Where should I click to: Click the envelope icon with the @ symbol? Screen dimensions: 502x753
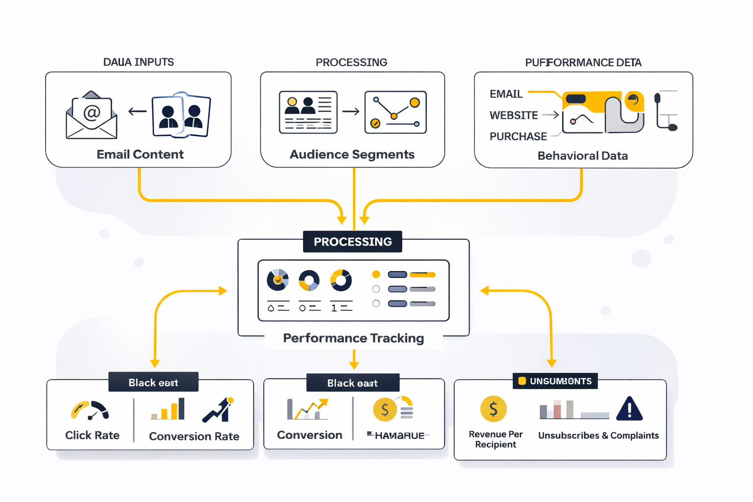pos(92,116)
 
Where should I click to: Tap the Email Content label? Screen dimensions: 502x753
pos(140,154)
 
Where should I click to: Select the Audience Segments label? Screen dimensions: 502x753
pos(352,154)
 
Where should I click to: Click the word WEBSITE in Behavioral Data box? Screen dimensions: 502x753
pos(513,115)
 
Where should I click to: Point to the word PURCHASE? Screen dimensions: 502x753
pos(518,136)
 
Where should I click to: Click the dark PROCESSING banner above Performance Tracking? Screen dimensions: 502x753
pos(352,242)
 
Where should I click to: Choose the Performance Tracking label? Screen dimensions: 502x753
pos(353,338)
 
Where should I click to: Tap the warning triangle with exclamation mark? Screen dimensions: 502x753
pos(629,409)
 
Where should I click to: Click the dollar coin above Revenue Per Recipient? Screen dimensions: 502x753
pos(493,409)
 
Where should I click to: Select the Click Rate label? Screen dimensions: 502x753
pos(92,435)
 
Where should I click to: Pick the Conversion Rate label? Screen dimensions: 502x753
pos(194,436)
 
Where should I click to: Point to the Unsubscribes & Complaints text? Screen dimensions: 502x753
pos(598,435)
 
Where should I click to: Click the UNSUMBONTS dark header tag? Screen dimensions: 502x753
pos(555,381)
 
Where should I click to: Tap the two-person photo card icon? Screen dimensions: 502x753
pos(181,116)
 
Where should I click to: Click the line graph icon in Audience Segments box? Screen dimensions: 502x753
pos(395,112)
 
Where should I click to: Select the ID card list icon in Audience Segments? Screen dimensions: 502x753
pos(308,112)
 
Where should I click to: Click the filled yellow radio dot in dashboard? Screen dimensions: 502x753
pos(376,275)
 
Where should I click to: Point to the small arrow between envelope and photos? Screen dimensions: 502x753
pos(138,112)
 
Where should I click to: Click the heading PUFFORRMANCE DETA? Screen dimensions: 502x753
pos(583,62)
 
